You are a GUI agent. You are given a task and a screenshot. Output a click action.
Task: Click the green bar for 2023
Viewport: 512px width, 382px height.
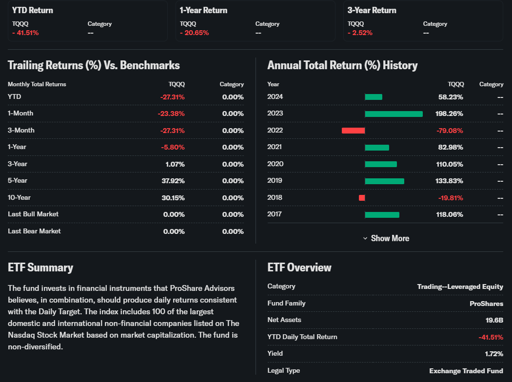pyautogui.click(x=394, y=114)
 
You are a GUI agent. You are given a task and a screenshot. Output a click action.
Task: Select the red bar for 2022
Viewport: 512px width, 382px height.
pyautogui.click(x=353, y=131)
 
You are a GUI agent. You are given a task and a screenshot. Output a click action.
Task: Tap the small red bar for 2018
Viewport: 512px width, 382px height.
pyautogui.click(x=362, y=198)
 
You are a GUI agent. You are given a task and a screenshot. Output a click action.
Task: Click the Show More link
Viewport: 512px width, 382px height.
pyautogui.click(x=386, y=238)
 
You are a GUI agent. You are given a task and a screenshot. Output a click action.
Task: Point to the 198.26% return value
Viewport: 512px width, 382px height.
pyautogui.click(x=449, y=114)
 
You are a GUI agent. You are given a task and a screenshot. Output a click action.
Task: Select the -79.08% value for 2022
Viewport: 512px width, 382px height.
pyautogui.click(x=450, y=131)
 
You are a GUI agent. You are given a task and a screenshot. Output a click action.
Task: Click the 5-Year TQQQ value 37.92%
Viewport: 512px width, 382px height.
pyautogui.click(x=173, y=181)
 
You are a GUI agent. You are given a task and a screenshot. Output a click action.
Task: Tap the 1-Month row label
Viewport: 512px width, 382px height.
pyautogui.click(x=20, y=113)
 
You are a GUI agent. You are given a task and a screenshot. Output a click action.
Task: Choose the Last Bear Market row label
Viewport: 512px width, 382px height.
pyautogui.click(x=34, y=231)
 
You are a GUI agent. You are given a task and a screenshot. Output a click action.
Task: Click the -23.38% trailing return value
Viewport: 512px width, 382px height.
pyautogui.click(x=171, y=114)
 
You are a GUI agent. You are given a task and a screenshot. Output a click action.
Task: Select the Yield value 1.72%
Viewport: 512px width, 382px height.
pyautogui.click(x=493, y=354)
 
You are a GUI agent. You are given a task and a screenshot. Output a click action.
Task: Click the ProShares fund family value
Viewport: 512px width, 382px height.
pyautogui.click(x=486, y=304)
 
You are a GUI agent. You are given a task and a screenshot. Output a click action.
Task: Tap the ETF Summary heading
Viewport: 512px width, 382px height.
pyautogui.click(x=40, y=267)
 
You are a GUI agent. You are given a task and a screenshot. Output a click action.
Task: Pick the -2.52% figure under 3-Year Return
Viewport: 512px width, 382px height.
pyautogui.click(x=360, y=33)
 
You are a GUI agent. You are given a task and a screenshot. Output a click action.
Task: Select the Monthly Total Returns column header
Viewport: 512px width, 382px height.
pyautogui.click(x=37, y=84)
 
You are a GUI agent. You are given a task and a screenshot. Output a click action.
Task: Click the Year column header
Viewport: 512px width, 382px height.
pyautogui.click(x=273, y=84)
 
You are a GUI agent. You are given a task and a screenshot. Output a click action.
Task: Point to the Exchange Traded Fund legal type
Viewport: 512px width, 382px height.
pyautogui.click(x=466, y=371)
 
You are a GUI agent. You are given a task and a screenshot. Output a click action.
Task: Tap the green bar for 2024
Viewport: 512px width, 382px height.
pyautogui.click(x=374, y=97)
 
